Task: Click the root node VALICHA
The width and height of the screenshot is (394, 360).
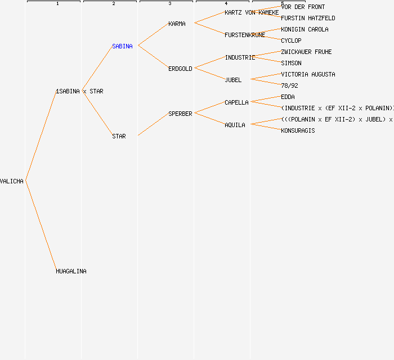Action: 12,181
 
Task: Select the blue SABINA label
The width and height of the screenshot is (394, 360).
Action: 122,46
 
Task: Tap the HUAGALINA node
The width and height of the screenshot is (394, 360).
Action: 71,271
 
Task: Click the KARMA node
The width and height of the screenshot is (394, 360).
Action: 177,24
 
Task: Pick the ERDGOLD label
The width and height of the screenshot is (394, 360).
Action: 180,69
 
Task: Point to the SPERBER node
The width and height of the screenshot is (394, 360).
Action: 180,114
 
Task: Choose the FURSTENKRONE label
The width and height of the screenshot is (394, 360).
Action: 244,35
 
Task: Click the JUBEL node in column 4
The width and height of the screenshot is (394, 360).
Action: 233,80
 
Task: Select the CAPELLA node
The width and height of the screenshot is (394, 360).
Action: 236,102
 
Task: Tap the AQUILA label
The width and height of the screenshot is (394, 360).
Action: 235,125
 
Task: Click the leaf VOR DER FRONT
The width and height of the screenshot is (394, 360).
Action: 303,7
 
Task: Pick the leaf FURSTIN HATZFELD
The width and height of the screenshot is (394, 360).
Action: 308,18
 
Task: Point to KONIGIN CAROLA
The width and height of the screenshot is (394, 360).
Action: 305,29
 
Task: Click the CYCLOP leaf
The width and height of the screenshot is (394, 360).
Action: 291,40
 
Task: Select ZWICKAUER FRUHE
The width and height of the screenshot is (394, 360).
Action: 306,52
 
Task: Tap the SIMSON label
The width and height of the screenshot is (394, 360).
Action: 291,63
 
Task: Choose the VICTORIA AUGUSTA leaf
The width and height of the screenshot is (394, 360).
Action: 308,74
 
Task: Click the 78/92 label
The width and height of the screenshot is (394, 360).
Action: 289,85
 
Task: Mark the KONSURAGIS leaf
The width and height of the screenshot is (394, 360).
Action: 298,130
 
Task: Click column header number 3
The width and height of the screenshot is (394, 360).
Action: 170,4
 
